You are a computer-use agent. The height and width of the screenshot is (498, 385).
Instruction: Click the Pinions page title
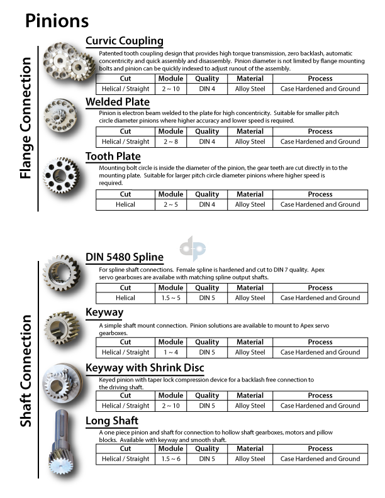tap(57, 21)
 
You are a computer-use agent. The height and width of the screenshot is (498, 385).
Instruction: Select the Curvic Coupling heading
tap(124, 41)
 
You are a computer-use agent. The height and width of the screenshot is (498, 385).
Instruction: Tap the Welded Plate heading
tap(118, 102)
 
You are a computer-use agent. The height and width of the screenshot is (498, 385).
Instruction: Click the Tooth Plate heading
tap(113, 156)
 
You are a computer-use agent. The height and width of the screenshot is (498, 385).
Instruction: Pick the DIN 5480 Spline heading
tap(125, 257)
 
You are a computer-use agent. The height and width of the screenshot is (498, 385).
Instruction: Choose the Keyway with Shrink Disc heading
tap(145, 368)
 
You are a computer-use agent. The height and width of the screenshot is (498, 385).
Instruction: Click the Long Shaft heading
tap(112, 421)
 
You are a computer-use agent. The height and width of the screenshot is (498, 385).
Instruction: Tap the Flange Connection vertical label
tap(25, 118)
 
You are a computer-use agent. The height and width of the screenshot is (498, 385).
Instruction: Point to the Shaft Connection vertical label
tap(25, 371)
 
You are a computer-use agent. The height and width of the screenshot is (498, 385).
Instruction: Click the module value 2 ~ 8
tap(170, 141)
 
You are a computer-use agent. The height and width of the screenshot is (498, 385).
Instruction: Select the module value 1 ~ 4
tap(170, 352)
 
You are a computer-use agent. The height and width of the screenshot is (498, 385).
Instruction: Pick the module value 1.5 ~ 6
tap(170, 459)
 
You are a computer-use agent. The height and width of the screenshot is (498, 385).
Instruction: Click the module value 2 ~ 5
tap(170, 204)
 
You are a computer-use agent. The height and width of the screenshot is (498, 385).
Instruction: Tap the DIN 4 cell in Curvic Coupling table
tap(207, 89)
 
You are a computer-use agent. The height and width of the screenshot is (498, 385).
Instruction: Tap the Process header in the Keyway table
tap(320, 342)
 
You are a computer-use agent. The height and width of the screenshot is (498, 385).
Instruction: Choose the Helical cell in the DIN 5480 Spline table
tap(125, 298)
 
